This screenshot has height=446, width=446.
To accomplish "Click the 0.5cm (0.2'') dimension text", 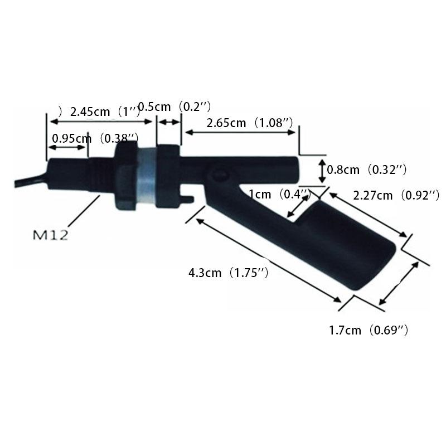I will (174, 106).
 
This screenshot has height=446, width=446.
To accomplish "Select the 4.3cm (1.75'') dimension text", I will (229, 273).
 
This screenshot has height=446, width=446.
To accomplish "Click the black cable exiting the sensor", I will (25, 183).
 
